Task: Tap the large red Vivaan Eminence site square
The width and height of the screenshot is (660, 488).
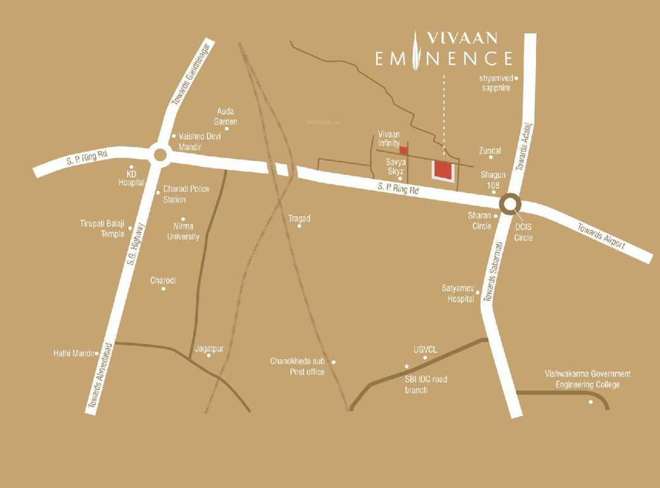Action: (x=442, y=170)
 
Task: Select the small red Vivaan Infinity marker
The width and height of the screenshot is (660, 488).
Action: (x=404, y=150)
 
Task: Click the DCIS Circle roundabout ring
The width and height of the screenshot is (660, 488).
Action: (x=509, y=204)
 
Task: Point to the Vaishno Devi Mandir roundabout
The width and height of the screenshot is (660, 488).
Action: (x=159, y=154)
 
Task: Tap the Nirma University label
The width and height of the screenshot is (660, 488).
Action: (x=183, y=231)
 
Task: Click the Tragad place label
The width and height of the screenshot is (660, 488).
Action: (x=299, y=218)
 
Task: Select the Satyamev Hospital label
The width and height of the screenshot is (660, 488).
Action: (x=458, y=293)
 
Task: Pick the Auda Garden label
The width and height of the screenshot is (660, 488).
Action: (x=227, y=116)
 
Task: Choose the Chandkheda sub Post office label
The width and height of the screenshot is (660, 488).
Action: (x=298, y=367)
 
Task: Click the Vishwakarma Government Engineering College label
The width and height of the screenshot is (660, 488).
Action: (x=588, y=379)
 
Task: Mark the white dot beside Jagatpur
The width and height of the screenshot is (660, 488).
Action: (x=208, y=355)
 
